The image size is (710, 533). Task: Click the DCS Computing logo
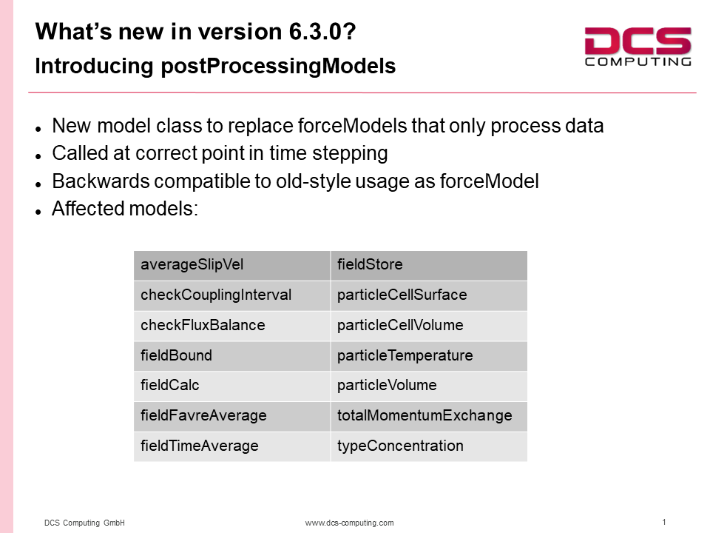pyautogui.click(x=638, y=47)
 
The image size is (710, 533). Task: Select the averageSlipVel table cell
pyautogui.click(x=231, y=265)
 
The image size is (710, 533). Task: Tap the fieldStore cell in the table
pyautogui.click(x=429, y=265)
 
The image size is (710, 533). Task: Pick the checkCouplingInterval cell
pyautogui.click(x=231, y=295)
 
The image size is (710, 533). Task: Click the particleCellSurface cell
pyautogui.click(x=429, y=295)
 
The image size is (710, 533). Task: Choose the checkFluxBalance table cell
pyautogui.click(x=231, y=326)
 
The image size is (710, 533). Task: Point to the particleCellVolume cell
pyautogui.click(x=429, y=326)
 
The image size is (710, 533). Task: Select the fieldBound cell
pyautogui.click(x=231, y=356)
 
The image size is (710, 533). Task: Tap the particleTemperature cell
pyautogui.click(x=429, y=356)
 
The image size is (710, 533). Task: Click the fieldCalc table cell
pyautogui.click(x=231, y=386)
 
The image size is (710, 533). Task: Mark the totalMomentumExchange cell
pyautogui.click(x=429, y=416)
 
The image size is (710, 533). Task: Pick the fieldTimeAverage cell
pyautogui.click(x=231, y=446)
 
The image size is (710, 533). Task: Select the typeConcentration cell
pyautogui.click(x=429, y=446)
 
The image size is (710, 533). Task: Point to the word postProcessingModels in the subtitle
pyautogui.click(x=278, y=66)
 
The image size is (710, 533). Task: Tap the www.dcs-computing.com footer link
pyautogui.click(x=350, y=523)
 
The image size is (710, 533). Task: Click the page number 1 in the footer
pyautogui.click(x=664, y=522)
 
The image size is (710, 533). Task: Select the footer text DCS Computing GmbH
pyautogui.click(x=84, y=523)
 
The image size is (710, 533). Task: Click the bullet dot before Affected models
pyautogui.click(x=38, y=212)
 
